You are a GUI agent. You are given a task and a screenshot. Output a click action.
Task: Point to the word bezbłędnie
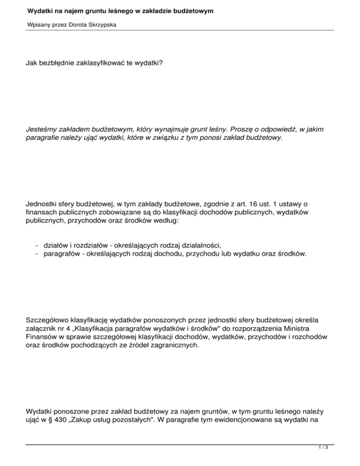click(59, 61)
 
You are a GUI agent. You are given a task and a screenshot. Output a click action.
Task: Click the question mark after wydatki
click(161, 61)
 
